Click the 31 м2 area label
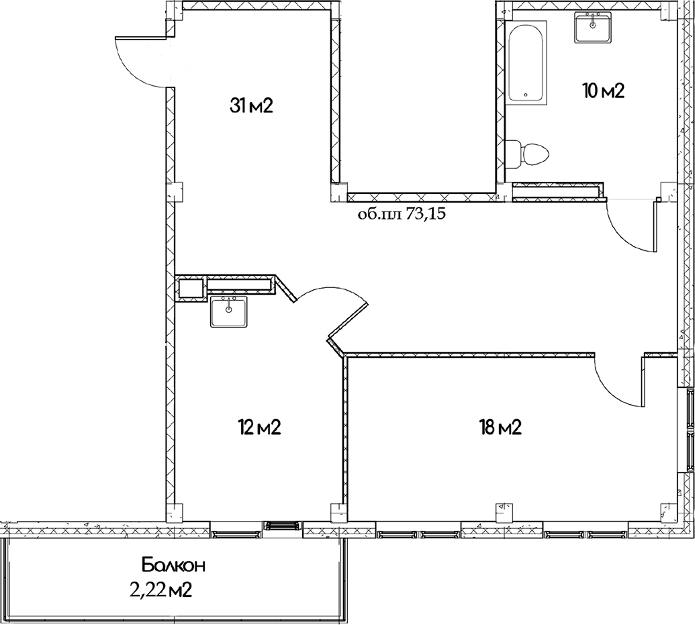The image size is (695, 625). (x=250, y=106)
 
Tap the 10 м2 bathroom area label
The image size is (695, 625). (x=603, y=91)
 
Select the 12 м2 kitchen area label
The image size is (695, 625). (x=259, y=427)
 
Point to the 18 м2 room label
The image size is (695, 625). (x=500, y=427)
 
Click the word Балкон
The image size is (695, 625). (x=173, y=565)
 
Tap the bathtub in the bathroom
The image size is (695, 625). (x=527, y=64)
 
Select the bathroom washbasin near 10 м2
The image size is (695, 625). (x=593, y=28)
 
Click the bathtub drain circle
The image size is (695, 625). (x=526, y=95)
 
